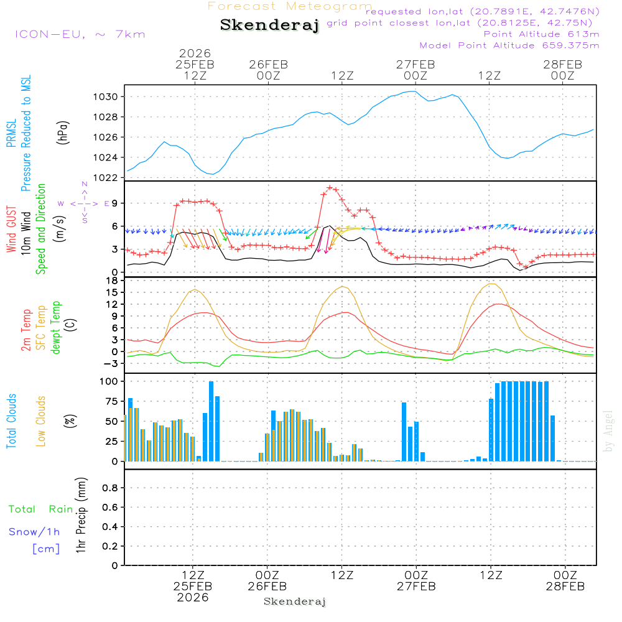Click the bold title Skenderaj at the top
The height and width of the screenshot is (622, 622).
pos(269,26)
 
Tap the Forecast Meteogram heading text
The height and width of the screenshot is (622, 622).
pos(290,6)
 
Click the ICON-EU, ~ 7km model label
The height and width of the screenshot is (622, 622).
pos(80,34)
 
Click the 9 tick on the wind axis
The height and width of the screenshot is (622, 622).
pos(115,203)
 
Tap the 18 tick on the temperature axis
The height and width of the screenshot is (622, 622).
pos(113,281)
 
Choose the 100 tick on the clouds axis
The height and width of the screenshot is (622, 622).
pos(109,381)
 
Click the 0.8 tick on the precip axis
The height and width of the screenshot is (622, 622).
pos(110,488)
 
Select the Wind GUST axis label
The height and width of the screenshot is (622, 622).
pos(11,230)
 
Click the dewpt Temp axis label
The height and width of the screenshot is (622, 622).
pos(55,328)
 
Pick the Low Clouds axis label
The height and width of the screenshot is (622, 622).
pos(41,420)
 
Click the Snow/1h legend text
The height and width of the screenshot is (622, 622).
pos(34,532)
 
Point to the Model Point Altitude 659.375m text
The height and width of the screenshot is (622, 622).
pos(509,45)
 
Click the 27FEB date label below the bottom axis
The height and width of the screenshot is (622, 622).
pos(416,587)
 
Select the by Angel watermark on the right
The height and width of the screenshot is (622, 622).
pos(609,431)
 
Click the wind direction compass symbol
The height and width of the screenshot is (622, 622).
pos(85,203)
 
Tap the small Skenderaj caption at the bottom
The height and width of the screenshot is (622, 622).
pos(295,601)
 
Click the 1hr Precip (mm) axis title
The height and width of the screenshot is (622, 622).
pos(80,516)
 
